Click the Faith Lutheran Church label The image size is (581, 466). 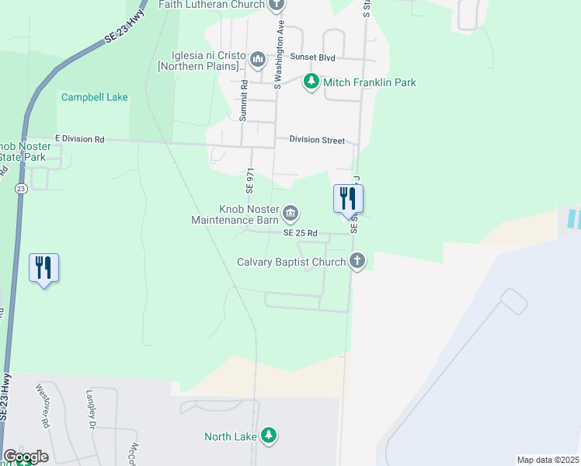click(x=212, y=4)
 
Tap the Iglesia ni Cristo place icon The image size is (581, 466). click(x=259, y=58)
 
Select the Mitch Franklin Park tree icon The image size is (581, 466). click(x=311, y=82)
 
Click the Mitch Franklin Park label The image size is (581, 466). click(x=370, y=82)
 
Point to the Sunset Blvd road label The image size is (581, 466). click(x=312, y=57)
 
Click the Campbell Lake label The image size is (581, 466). click(x=95, y=98)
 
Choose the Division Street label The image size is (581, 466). click(x=316, y=140)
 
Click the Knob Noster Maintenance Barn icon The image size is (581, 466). click(x=290, y=213)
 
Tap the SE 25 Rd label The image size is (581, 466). click(x=301, y=233)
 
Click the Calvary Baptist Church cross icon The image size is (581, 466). click(x=357, y=261)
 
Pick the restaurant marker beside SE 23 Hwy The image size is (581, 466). click(x=44, y=268)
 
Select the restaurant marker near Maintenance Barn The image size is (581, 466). click(x=348, y=199)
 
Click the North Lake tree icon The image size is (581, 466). click(x=268, y=436)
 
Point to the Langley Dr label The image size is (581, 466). click(x=91, y=409)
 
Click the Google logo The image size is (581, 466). click(x=26, y=457)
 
